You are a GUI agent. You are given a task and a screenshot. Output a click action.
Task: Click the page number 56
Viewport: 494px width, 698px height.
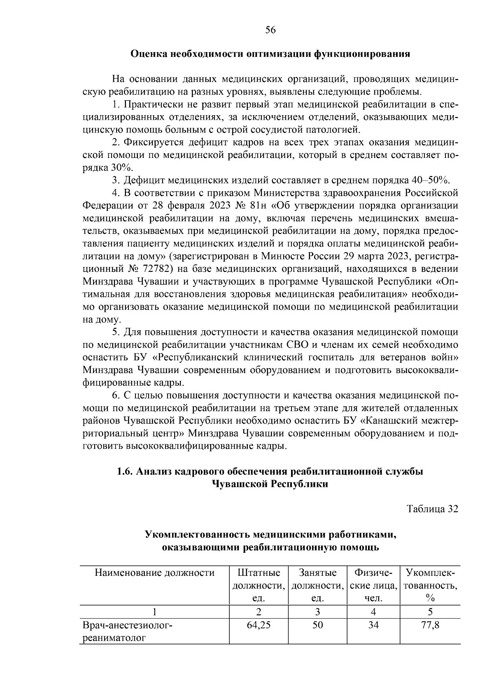pos(270,30)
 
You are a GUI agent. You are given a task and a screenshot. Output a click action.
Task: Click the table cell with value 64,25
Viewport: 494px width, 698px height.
pos(259,626)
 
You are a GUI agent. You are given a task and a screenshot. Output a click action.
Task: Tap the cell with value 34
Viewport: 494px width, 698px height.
pos(373,626)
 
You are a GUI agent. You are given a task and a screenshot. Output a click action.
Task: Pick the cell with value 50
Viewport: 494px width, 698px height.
pos(317,626)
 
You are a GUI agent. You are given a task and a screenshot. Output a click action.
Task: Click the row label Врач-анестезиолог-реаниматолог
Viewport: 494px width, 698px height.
pos(128,632)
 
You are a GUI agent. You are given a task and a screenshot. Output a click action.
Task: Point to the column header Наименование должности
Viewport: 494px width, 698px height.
pos(155,573)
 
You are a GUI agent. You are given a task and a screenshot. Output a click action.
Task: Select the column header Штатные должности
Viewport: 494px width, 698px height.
pos(259,585)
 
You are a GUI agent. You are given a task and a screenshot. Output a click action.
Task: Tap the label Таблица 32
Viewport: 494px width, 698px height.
pos(432,509)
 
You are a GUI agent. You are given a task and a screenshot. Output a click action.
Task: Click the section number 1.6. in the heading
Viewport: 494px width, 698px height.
pos(125,471)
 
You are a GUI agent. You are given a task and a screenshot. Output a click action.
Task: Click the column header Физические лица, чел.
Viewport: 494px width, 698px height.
pos(373,585)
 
